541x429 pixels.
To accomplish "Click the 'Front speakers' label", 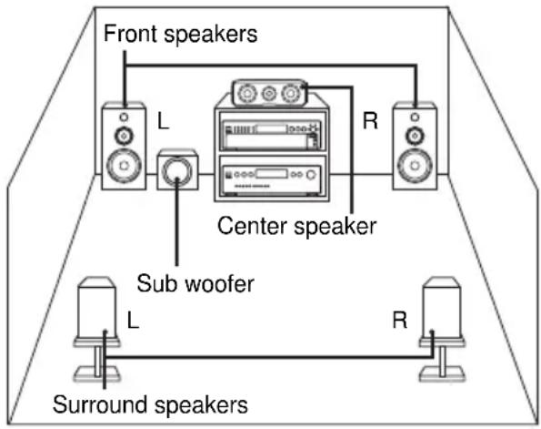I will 181,34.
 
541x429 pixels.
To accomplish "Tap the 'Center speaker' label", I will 296,226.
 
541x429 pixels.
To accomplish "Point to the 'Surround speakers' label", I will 152,403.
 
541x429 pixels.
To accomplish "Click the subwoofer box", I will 178,170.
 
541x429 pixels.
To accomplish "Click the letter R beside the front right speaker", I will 370,122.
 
